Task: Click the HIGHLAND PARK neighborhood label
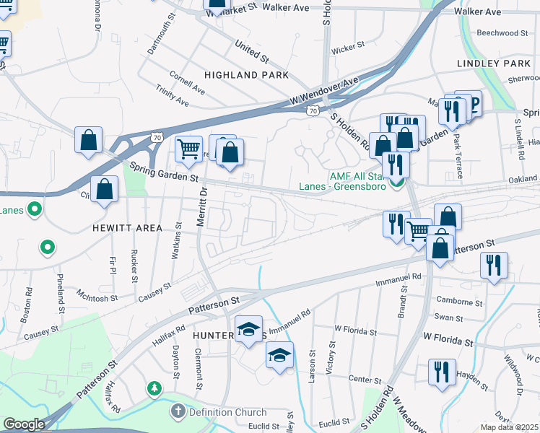point(246,75)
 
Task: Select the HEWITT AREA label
point(127,228)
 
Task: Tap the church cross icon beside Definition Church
point(178,412)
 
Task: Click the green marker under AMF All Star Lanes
point(396,184)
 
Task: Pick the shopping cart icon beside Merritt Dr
point(188,149)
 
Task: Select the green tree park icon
point(154,390)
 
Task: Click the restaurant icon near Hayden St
point(442,372)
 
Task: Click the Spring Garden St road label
point(163,172)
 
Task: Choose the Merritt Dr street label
point(203,208)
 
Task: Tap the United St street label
point(251,51)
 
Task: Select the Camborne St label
point(459,302)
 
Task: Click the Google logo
point(24,424)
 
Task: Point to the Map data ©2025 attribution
point(510,427)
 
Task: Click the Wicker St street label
point(347,49)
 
